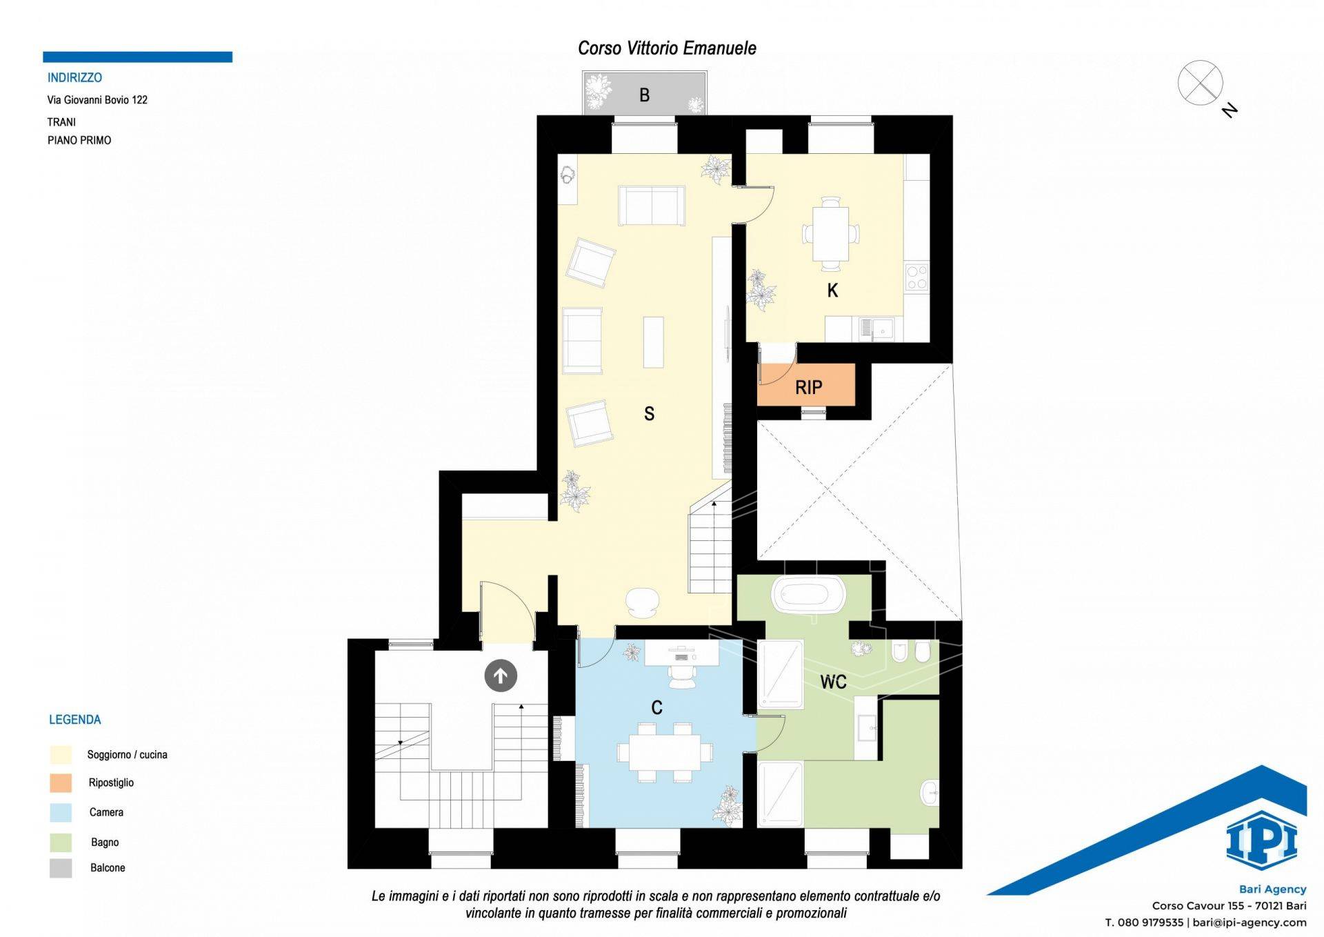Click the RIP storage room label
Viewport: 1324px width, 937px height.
[808, 388]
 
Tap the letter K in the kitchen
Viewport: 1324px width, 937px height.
[832, 290]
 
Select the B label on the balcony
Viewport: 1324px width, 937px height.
[644, 95]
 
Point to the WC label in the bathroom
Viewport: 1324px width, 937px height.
[833, 682]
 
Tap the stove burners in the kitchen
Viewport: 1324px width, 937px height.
[916, 277]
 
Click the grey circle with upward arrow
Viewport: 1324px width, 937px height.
[501, 675]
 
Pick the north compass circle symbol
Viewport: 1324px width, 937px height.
[1200, 83]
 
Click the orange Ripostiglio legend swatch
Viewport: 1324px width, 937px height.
[61, 782]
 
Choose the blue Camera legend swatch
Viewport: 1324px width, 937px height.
[61, 812]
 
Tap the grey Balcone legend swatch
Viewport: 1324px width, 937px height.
[61, 868]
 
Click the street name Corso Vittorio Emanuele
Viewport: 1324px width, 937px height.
[667, 48]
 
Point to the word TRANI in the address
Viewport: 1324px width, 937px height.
[61, 122]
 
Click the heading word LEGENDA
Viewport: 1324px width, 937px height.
[74, 720]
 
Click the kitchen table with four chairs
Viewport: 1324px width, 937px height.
[830, 233]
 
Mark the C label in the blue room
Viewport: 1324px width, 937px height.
[656, 707]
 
